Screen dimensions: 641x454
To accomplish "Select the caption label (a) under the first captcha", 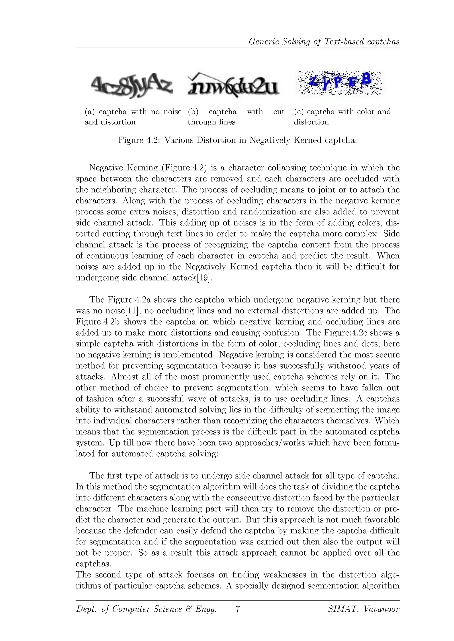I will point(90,112).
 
